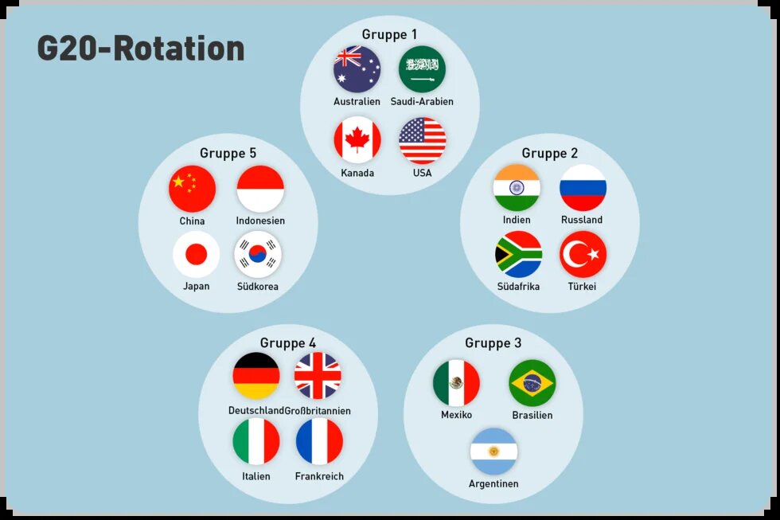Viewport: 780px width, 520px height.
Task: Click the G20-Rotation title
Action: coord(141,49)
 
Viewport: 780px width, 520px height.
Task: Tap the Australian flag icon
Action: coord(357,69)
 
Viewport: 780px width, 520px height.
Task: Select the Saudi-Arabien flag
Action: coord(422,69)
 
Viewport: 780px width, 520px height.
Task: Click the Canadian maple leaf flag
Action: coord(357,140)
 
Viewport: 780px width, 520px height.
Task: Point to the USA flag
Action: coord(423,141)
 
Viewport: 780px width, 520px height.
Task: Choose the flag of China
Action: coord(192,189)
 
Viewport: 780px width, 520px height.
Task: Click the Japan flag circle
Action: coord(196,255)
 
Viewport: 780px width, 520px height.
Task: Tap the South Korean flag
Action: coord(258,255)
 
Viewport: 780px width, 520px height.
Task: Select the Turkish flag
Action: coord(583,255)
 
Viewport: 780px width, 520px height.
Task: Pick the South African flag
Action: coord(518,255)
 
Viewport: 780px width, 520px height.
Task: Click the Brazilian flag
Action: coord(532,383)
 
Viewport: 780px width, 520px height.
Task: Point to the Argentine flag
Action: coord(493,452)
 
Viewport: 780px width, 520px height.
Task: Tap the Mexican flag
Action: coord(456,383)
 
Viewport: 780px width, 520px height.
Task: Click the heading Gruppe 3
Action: coord(493,343)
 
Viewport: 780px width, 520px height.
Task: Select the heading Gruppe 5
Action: coord(228,153)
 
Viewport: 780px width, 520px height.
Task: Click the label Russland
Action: coord(582,220)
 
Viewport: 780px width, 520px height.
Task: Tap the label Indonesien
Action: coord(260,221)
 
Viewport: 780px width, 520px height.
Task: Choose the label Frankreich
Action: coord(319,476)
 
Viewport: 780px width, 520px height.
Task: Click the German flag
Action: coord(256,376)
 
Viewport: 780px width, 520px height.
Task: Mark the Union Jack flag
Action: coord(318,376)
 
